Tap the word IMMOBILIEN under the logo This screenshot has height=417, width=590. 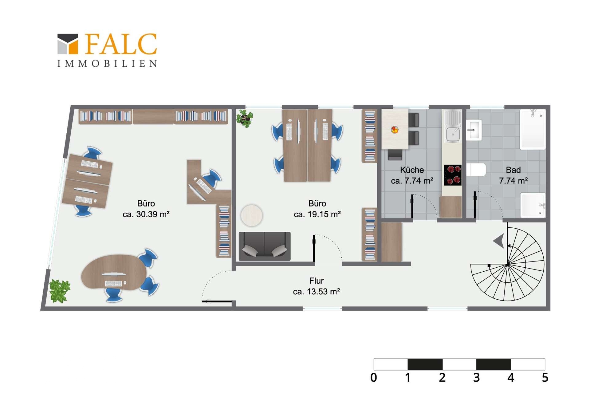[x=107, y=63]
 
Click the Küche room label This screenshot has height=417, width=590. [x=412, y=170]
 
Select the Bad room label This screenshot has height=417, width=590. [x=513, y=170]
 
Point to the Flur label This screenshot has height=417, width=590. [x=317, y=281]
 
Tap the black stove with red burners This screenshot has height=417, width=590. [x=452, y=175]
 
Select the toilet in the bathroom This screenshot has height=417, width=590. [x=476, y=170]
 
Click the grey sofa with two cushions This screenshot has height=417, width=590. [x=265, y=246]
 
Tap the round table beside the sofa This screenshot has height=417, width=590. [x=252, y=215]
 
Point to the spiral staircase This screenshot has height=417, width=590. [x=508, y=264]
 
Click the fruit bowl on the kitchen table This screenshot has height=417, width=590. [x=395, y=130]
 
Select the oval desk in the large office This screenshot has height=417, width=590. [x=114, y=272]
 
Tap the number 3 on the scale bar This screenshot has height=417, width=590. [x=476, y=377]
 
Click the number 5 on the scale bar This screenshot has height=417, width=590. [x=545, y=377]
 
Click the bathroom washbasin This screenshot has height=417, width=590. [x=474, y=130]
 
